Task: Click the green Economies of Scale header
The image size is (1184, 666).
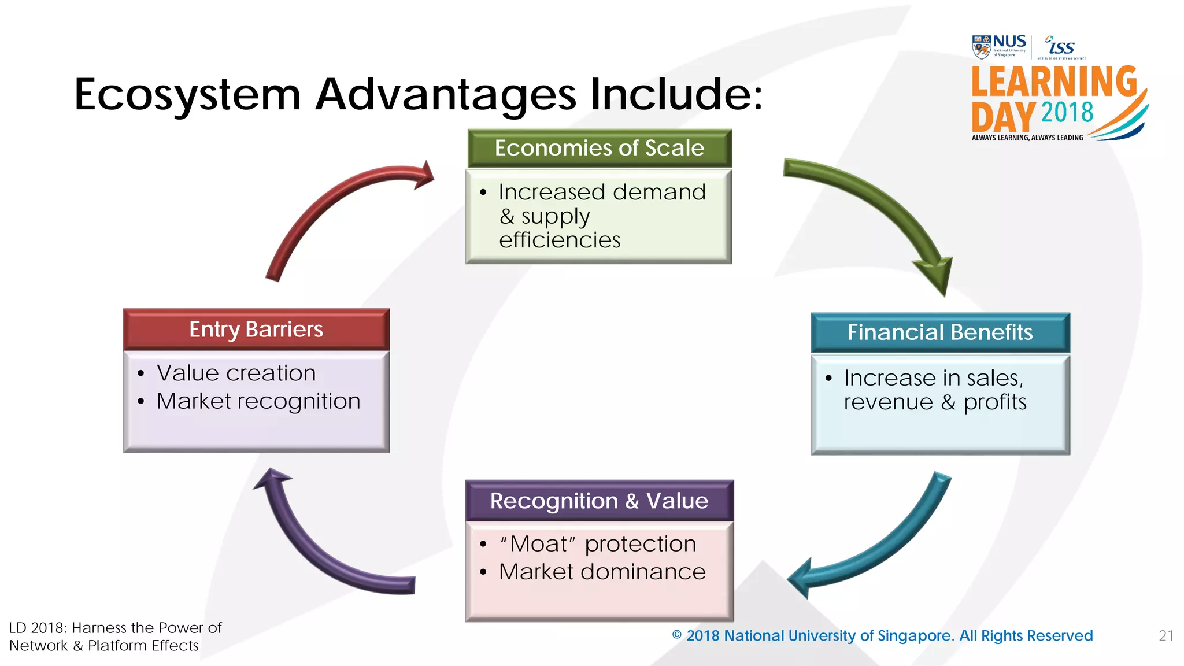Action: click(600, 149)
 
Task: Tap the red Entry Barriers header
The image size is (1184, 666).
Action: click(256, 330)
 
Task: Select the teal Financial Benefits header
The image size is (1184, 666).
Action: click(940, 332)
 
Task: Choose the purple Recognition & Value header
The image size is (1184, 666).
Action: click(600, 501)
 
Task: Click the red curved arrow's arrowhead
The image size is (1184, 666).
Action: click(424, 175)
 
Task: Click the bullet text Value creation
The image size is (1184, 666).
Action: click(236, 373)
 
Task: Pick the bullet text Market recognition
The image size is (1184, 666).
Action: click(258, 401)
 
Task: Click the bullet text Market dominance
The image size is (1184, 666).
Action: click(602, 572)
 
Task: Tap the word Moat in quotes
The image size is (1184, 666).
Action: click(538, 544)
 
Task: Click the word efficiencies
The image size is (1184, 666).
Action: click(560, 240)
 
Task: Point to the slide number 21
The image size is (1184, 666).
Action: click(1166, 636)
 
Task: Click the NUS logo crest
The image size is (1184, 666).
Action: click(981, 47)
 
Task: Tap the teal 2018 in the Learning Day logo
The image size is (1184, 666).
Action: click(1067, 112)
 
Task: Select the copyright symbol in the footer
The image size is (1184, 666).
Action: click(677, 635)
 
